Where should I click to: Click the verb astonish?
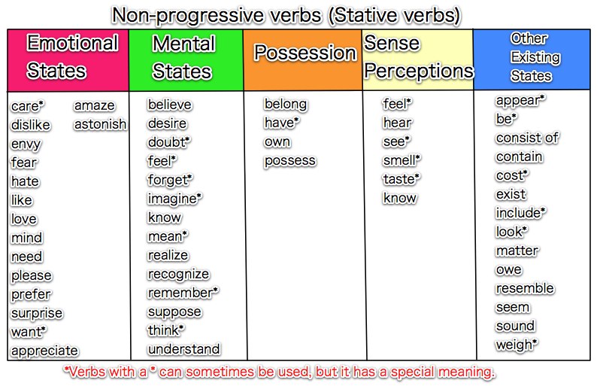100,124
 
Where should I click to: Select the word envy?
26,144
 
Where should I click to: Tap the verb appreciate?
44,351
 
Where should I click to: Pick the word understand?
183,349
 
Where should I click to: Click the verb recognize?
178,274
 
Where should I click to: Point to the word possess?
289,161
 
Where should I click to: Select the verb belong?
285,105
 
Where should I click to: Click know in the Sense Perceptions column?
399,199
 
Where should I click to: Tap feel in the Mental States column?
161,161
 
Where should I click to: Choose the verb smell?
401,161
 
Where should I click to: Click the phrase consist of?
527,138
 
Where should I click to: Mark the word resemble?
525,289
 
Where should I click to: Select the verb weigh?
515,345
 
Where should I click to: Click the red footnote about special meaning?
278,372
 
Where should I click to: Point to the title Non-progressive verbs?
286,14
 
